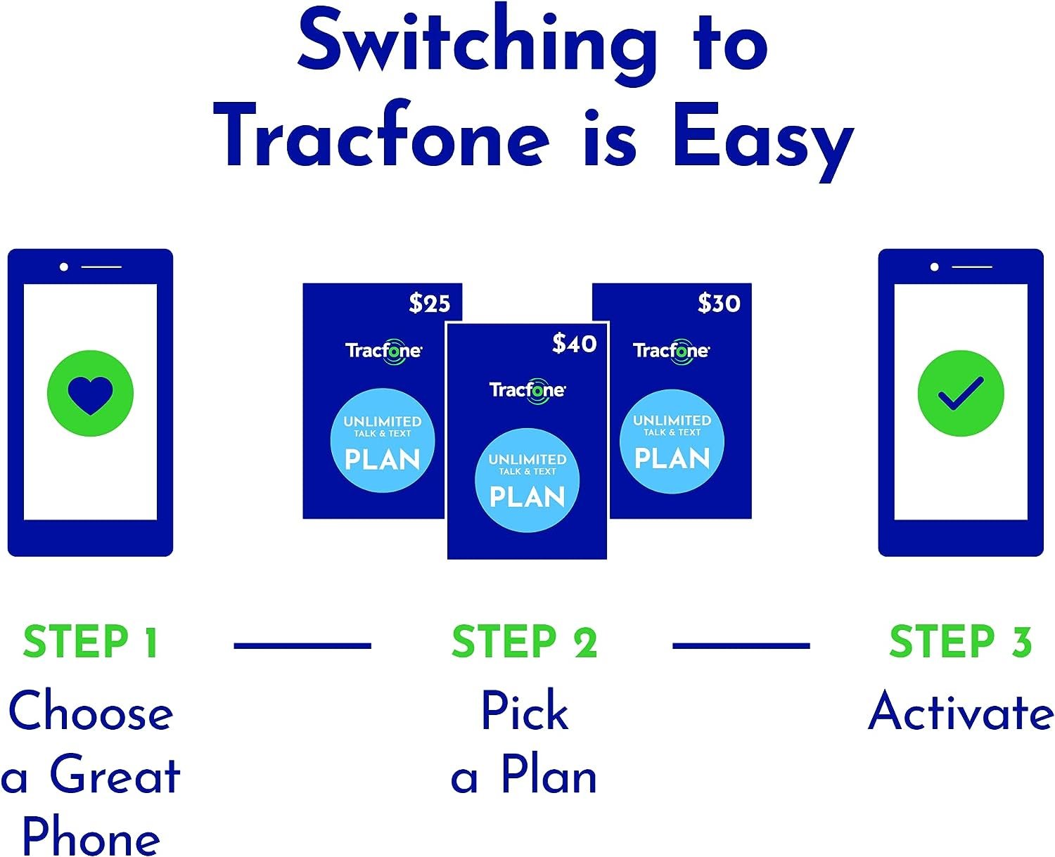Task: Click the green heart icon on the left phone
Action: [90, 393]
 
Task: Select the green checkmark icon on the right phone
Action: [961, 393]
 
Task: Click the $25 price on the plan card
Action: [429, 303]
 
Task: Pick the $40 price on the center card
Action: [574, 343]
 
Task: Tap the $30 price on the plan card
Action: [719, 303]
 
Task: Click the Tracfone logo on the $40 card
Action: [527, 390]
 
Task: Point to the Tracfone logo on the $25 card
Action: [383, 350]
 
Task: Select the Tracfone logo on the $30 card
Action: [671, 350]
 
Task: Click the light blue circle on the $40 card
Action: [527, 480]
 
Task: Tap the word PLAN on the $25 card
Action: [383, 460]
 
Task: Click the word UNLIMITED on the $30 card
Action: [672, 420]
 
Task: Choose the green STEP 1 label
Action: [90, 642]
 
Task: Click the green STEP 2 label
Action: [525, 642]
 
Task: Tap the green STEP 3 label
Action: [960, 642]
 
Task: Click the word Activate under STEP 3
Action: [961, 711]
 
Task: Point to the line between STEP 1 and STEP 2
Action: [302, 645]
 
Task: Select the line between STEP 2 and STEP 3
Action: [741, 645]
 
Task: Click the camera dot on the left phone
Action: [64, 267]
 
